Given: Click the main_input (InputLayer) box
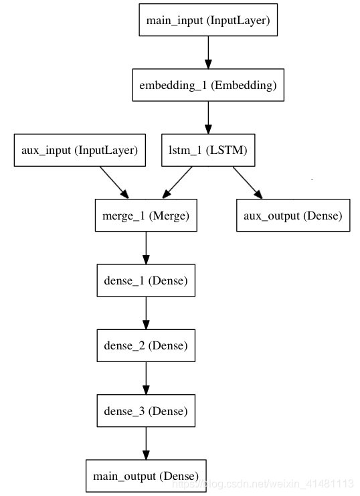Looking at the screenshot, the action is (208, 20).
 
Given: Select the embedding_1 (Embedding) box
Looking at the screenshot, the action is (208, 85).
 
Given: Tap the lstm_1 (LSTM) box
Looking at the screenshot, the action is (208, 150).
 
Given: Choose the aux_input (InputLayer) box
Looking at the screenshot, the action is (80, 150).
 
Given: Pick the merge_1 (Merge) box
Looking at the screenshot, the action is (146, 216).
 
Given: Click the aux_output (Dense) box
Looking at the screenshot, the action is (293, 216).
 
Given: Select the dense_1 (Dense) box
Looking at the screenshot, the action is (146, 280).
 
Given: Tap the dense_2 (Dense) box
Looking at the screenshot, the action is (146, 346).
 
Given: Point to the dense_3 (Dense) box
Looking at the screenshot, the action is (146, 411).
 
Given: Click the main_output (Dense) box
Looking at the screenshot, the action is (146, 476).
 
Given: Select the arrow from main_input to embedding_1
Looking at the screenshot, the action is (208, 52).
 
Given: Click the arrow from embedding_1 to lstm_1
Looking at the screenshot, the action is (208, 118).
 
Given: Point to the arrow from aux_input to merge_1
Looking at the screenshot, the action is (114, 183).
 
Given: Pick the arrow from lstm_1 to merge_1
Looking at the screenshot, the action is (177, 183).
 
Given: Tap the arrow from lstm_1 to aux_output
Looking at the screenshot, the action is (248, 183).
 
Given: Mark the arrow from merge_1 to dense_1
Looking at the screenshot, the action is (146, 248).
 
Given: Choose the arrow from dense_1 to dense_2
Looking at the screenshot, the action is (146, 313).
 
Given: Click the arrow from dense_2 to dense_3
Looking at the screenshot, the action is (146, 378).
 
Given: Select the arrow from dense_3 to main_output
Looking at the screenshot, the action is (146, 444).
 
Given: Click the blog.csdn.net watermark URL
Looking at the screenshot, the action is (262, 484).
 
